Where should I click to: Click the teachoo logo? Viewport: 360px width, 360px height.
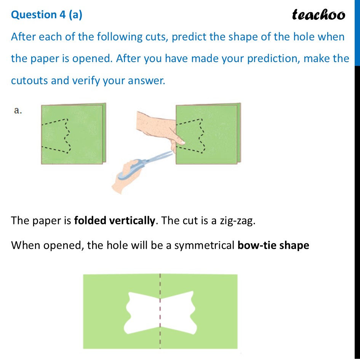coord(318,14)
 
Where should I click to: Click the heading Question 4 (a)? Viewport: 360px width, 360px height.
coord(46,14)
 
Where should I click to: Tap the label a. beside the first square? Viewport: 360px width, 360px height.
coord(18,110)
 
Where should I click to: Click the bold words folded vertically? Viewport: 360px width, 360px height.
coord(115,220)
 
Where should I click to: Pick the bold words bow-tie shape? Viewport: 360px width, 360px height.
coord(273,245)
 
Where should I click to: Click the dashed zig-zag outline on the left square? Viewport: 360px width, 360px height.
coord(57,135)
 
